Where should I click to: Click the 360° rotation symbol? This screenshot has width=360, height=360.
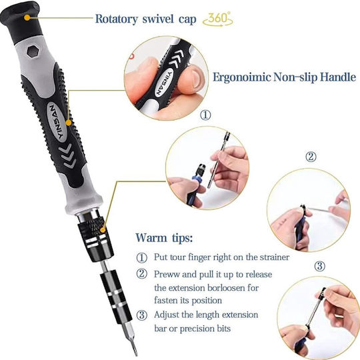(218, 19)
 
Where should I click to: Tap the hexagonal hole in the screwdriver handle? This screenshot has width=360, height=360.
(32, 51)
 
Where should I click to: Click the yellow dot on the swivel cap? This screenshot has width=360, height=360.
(27, 18)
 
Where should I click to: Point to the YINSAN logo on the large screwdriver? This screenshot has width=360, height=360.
(57, 122)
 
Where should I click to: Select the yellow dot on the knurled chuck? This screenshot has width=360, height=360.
(103, 230)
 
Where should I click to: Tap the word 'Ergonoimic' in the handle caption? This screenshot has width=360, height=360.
(242, 77)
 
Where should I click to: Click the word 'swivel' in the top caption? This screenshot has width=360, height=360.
(158, 19)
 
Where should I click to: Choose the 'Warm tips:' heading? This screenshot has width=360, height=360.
(164, 237)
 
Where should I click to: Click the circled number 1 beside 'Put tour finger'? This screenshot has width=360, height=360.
(141, 257)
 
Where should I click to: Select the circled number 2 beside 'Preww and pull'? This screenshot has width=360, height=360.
(141, 274)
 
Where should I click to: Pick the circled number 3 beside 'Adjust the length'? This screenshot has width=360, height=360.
(141, 315)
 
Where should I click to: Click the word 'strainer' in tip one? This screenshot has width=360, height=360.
(274, 257)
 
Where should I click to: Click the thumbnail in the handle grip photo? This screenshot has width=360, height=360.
(197, 79)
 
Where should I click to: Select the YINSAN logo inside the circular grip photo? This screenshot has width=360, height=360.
(165, 83)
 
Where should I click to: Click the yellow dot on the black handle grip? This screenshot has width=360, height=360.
(69, 123)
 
